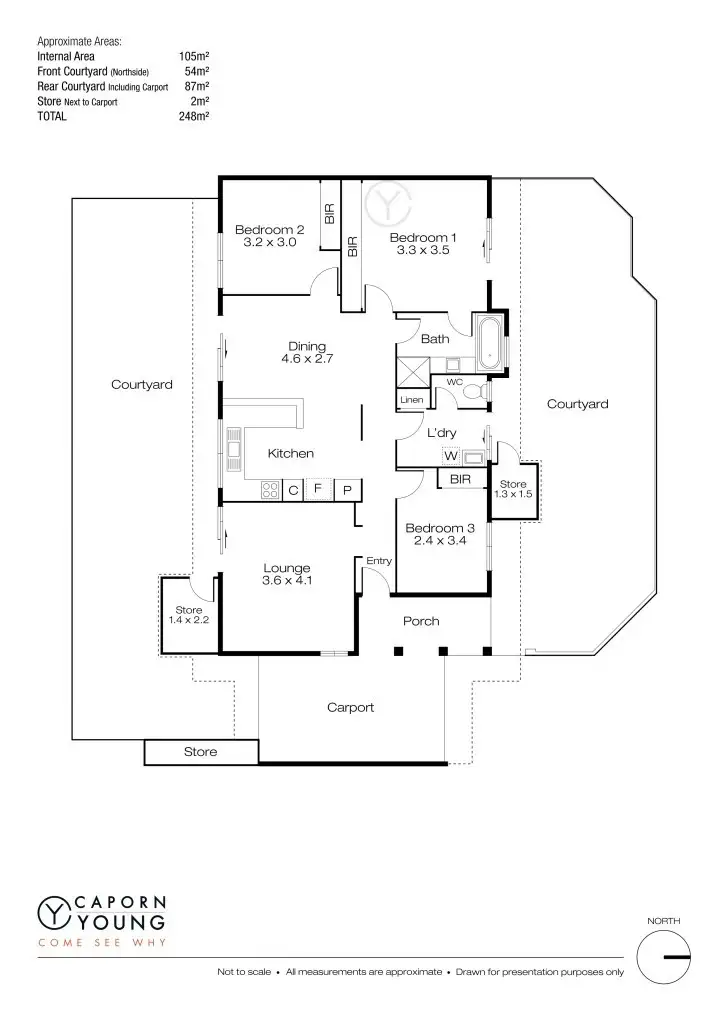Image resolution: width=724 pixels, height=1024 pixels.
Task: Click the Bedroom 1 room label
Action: tap(422, 237)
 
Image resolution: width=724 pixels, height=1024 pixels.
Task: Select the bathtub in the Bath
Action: tap(490, 341)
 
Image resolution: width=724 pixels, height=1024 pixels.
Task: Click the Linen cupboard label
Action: tap(411, 400)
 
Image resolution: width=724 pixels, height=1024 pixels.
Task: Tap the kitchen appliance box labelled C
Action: tap(294, 490)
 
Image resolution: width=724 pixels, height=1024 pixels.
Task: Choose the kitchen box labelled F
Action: tap(319, 490)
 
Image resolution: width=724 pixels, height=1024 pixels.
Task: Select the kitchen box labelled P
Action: tap(346, 490)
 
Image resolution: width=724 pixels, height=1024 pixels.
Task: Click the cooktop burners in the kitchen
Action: tap(270, 490)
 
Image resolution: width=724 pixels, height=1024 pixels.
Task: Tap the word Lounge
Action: tap(287, 568)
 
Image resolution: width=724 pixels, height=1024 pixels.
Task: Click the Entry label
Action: tap(378, 561)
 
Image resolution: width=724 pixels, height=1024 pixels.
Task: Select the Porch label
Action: tap(421, 621)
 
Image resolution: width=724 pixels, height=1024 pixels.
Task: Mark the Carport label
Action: tap(350, 707)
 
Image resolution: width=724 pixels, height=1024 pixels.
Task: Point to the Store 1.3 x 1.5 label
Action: tap(513, 489)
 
